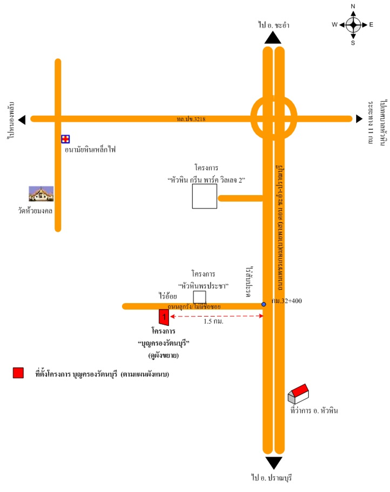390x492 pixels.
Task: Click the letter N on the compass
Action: pos(353,6)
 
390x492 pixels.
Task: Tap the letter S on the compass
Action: pos(353,43)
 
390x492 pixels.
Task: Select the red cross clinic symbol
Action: pos(65,139)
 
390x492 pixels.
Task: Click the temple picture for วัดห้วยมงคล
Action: pos(41,194)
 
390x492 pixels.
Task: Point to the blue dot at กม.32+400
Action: pos(264,304)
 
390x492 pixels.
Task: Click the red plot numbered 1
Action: pos(164,317)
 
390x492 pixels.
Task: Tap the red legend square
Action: pos(18,373)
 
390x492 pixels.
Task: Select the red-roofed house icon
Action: pos(298,394)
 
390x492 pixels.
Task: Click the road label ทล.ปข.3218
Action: pos(191,119)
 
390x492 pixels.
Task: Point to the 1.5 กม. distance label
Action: pos(213,321)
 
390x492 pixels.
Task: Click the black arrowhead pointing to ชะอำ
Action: pos(273,38)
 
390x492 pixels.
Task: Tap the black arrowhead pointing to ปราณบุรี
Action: pos(274,462)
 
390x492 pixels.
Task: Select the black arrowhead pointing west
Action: pos(22,120)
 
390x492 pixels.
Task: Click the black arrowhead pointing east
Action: pos(359,119)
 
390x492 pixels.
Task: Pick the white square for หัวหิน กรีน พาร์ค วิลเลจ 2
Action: pos(204,196)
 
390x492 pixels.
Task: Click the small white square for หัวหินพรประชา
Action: pos(200,297)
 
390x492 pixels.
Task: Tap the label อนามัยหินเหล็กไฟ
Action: pos(90,149)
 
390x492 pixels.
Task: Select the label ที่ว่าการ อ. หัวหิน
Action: pos(314,411)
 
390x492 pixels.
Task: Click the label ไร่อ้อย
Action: pos(168,296)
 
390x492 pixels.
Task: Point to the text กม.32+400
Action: pos(287,301)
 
